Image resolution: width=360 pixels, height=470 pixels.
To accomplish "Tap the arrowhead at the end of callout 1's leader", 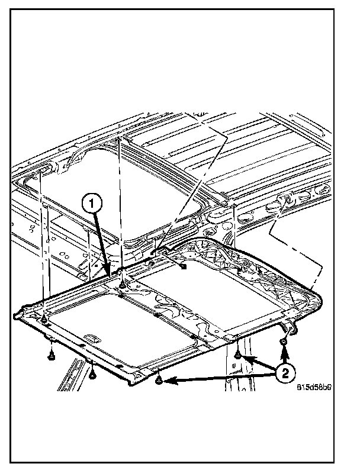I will tap(109, 273).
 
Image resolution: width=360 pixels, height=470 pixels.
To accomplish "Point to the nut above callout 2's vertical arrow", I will tap(285, 342).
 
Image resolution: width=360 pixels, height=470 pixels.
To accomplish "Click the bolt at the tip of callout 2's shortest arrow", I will tap(237, 355).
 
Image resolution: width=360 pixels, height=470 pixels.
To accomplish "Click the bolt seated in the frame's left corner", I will tap(44, 320).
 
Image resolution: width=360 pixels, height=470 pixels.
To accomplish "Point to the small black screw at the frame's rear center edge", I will tap(184, 267).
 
